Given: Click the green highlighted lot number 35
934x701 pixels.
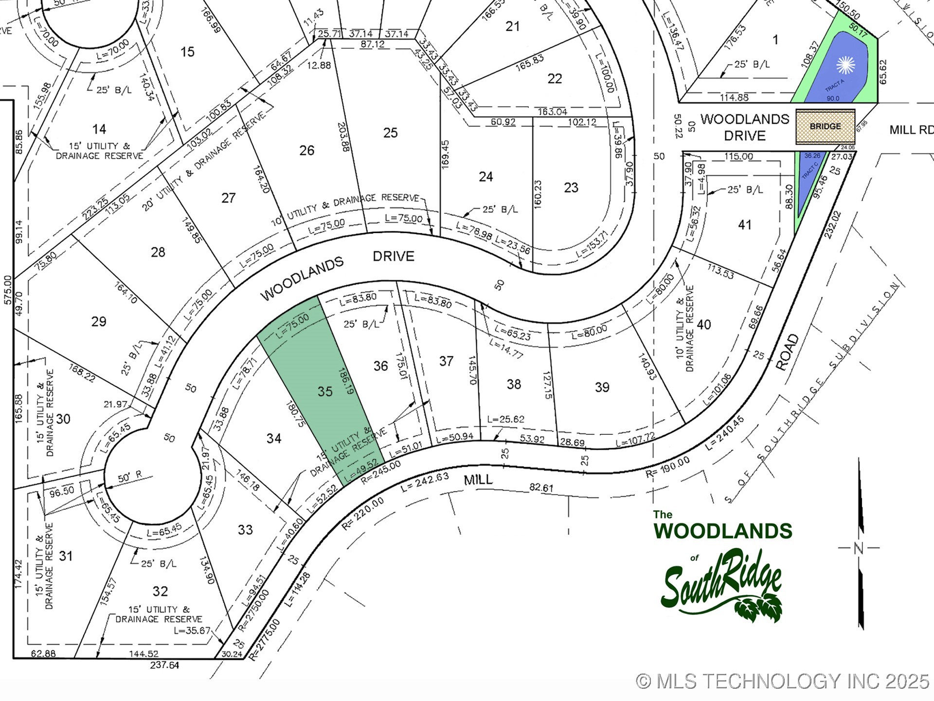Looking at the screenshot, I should click(x=325, y=391).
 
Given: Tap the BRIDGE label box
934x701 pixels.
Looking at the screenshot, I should click(x=825, y=126).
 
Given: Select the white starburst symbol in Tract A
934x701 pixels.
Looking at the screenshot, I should click(x=845, y=65).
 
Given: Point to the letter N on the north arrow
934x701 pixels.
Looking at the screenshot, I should click(x=859, y=548).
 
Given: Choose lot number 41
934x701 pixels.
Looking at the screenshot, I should click(x=745, y=225).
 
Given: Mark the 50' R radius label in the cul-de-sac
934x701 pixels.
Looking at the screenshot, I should click(x=130, y=477).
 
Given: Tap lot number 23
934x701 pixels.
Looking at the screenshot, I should click(x=571, y=187).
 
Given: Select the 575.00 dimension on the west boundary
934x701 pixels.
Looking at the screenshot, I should click(x=8, y=290).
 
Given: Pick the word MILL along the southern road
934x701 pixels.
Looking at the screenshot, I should click(x=478, y=480).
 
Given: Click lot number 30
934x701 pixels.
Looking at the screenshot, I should click(x=63, y=419).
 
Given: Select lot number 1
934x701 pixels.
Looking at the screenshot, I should click(x=775, y=39).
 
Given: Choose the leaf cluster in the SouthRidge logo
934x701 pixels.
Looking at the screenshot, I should click(x=759, y=607).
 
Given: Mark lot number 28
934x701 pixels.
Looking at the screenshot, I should click(x=158, y=252).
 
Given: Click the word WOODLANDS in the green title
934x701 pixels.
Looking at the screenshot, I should click(x=723, y=531).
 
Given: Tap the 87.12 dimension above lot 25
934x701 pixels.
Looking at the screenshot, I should click(x=373, y=44).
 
